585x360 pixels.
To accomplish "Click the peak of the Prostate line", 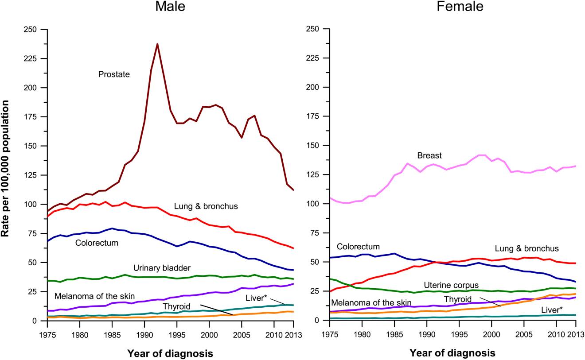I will point(157,44).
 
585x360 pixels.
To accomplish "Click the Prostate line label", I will point(114,74).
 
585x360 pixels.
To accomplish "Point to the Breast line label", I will point(429,156).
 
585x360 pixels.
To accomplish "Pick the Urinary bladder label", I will point(162,268).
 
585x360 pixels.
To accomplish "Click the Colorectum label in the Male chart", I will point(97,243).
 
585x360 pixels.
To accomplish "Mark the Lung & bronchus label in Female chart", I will point(527,248).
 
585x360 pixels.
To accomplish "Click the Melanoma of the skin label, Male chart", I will point(95,296).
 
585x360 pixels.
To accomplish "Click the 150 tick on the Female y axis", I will point(313,146).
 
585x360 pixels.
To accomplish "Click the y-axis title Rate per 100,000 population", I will point(6,175).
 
